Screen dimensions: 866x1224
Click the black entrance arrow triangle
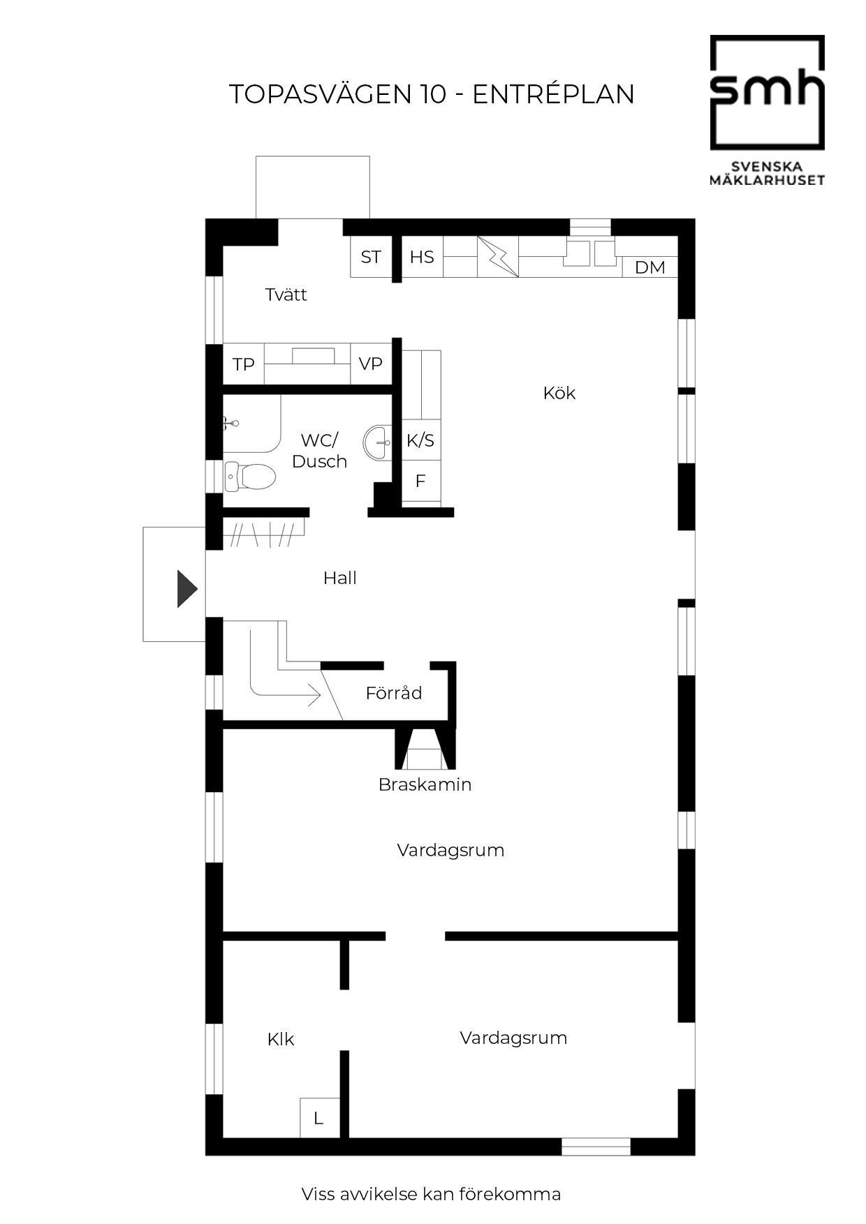[x=186, y=589]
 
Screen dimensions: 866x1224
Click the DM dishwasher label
[x=649, y=267]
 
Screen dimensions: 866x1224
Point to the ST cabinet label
[x=371, y=257]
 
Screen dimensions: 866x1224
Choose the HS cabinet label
[x=422, y=257]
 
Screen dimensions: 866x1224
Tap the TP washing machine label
[x=244, y=364]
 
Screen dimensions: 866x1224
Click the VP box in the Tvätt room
[x=371, y=364]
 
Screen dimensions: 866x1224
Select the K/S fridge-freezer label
[x=420, y=440]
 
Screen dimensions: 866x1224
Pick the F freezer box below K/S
[x=421, y=481]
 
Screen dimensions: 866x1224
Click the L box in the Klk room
[x=319, y=1118]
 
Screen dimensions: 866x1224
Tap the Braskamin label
[x=425, y=784]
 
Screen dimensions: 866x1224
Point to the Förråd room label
[x=394, y=692]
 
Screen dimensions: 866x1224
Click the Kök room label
[x=559, y=393]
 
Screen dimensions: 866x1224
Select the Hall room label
[x=340, y=578]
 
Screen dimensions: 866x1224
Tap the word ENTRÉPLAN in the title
[x=553, y=94]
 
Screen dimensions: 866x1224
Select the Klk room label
[x=281, y=1039]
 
